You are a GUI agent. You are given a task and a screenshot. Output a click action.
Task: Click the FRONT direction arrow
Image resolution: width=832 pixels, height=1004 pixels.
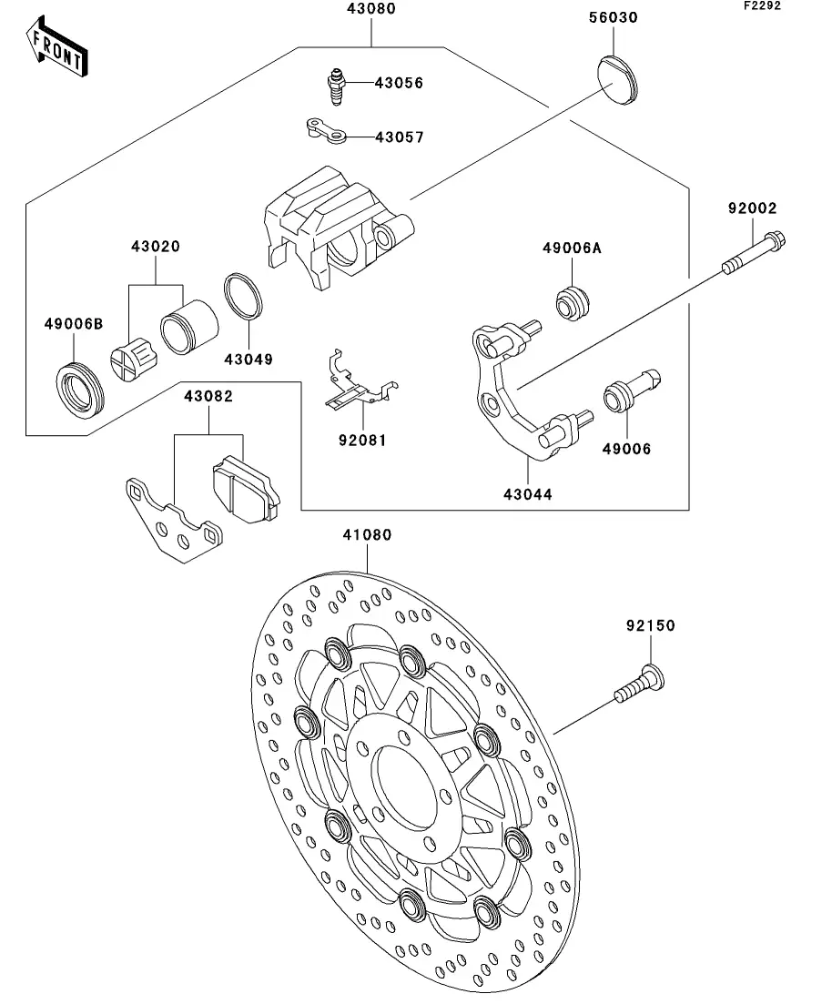(x=56, y=48)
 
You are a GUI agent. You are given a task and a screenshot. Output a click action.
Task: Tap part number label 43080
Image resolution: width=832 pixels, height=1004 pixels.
(x=371, y=8)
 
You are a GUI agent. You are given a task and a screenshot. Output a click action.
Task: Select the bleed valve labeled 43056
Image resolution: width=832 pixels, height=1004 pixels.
(x=336, y=86)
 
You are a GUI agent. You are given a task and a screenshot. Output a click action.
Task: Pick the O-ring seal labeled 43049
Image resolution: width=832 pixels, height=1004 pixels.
(x=243, y=297)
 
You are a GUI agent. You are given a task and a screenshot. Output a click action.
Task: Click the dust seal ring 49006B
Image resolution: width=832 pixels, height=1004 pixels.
(x=79, y=390)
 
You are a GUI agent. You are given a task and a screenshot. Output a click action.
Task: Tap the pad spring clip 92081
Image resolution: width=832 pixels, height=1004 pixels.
(x=360, y=381)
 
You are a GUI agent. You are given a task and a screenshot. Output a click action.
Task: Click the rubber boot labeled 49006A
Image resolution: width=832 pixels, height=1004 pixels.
(x=572, y=303)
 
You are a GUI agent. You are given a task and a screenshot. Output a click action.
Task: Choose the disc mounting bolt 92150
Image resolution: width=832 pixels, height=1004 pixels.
(x=639, y=685)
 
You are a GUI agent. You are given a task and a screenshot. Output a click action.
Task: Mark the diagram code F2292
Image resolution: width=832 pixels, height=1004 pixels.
(x=762, y=5)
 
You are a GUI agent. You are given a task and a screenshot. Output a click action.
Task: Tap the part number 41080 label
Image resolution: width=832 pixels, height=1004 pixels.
(x=367, y=534)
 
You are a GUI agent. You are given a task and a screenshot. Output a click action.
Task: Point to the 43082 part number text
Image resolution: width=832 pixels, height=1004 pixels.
(x=208, y=396)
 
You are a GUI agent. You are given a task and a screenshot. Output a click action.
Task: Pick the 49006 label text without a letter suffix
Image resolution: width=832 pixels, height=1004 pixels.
(x=626, y=449)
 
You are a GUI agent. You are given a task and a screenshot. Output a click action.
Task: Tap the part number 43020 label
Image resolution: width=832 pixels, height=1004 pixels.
(x=156, y=247)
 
